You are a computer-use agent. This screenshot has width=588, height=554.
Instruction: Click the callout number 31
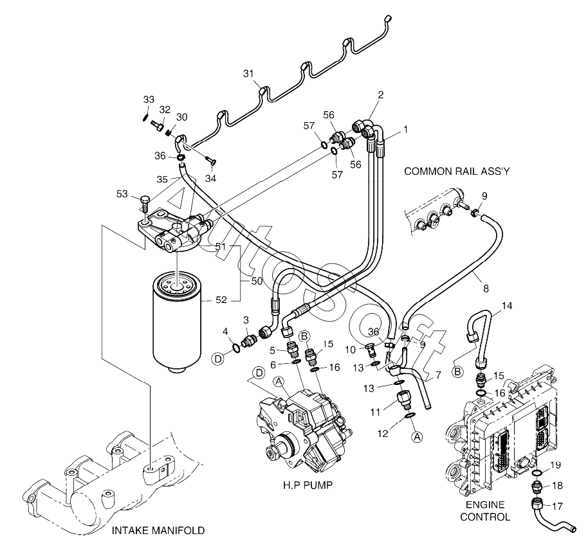(249, 74)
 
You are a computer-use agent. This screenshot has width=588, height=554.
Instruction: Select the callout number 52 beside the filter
(222, 299)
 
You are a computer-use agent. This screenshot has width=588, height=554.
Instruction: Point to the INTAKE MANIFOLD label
(158, 531)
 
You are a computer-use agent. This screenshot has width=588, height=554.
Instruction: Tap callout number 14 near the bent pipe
(507, 306)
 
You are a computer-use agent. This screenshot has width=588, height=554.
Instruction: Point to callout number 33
(149, 99)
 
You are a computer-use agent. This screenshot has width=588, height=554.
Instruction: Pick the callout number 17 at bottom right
(556, 506)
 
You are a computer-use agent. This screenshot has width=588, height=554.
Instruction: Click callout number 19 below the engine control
(556, 465)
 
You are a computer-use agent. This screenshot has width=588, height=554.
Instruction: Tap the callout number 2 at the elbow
(380, 95)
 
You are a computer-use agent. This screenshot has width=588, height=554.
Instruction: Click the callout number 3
(246, 319)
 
